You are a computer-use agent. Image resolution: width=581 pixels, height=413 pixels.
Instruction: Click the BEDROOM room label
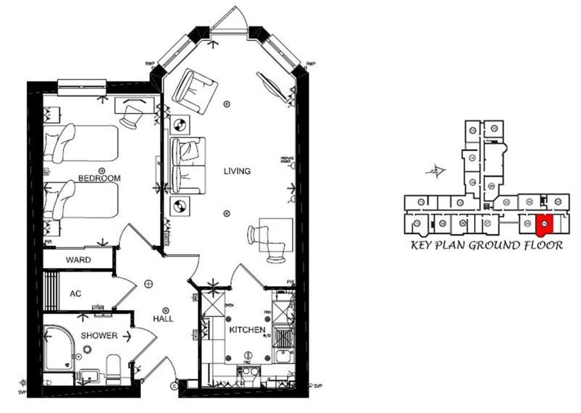(x=99, y=178)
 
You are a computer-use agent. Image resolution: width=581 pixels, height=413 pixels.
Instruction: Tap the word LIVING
(x=237, y=171)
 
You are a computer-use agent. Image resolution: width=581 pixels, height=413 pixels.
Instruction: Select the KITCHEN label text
(x=247, y=330)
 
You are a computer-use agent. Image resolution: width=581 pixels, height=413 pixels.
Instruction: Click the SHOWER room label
(x=99, y=335)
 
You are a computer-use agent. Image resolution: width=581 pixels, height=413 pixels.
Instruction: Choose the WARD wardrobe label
(x=79, y=261)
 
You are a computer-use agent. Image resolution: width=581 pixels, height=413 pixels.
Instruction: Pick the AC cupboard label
(x=75, y=294)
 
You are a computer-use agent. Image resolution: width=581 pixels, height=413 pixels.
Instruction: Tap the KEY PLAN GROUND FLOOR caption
(x=486, y=246)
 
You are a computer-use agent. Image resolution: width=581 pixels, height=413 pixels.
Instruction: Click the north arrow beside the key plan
(x=436, y=170)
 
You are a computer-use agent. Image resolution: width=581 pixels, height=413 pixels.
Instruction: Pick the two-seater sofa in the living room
(x=188, y=165)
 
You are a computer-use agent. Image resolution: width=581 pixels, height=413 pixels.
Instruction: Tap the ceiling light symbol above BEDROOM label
(x=102, y=170)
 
